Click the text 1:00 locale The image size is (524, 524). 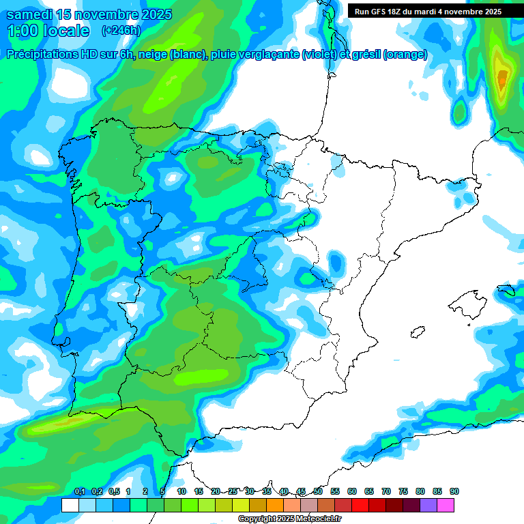click(x=48, y=31)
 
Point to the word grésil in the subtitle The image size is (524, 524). click(x=364, y=55)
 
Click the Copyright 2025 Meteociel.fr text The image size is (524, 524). click(x=289, y=519)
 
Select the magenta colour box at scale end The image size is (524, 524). click(x=446, y=505)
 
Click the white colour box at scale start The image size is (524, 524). click(x=70, y=505)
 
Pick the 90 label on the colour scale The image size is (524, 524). click(x=454, y=491)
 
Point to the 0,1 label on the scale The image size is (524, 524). click(x=79, y=491)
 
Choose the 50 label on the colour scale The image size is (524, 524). click(x=318, y=491)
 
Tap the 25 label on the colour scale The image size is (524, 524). click(x=233, y=491)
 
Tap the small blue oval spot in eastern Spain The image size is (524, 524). click(x=335, y=261)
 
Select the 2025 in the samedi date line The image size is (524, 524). click(x=153, y=14)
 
